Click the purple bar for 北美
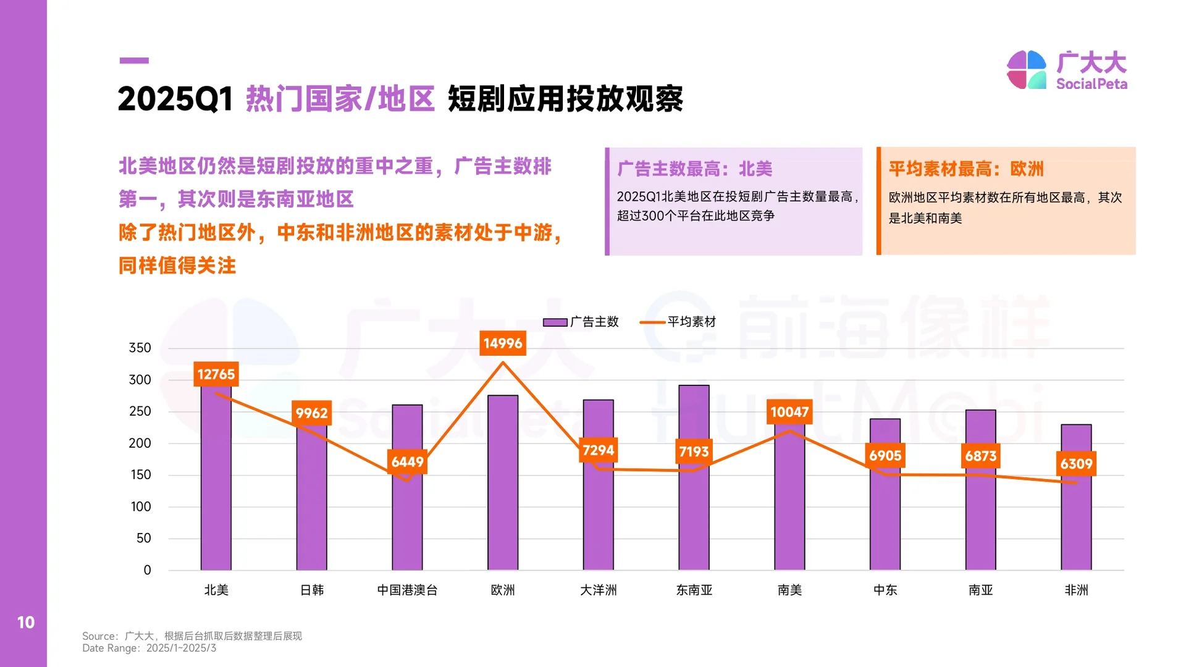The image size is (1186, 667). [x=216, y=482]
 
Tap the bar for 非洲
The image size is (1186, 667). [x=1076, y=525]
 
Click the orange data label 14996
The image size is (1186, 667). [x=503, y=343]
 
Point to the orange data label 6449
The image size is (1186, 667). [x=407, y=461]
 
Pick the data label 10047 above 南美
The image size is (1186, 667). [x=789, y=412]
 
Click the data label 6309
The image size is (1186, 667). [x=1076, y=464]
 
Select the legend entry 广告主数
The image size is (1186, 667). [x=581, y=322]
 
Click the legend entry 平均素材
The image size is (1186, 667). [x=678, y=322]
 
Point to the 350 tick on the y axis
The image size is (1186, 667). [x=140, y=348]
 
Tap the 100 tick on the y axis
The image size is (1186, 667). [x=140, y=506]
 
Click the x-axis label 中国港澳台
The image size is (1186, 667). [x=407, y=590]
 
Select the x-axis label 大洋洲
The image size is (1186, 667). [x=598, y=590]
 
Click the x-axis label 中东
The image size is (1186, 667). [x=885, y=590]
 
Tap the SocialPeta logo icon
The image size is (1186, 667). [x=1026, y=70]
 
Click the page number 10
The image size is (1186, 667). [x=25, y=622]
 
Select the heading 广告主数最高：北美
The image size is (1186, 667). [x=694, y=169]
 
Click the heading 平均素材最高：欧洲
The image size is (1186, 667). [x=965, y=169]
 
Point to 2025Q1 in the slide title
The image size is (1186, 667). [x=175, y=99]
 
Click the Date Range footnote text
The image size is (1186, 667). [x=149, y=648]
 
